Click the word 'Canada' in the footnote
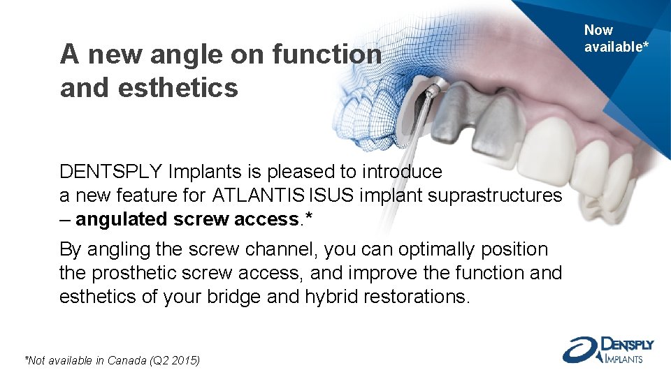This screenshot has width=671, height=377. pyautogui.click(x=134, y=360)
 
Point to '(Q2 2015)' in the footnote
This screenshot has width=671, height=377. pyautogui.click(x=178, y=360)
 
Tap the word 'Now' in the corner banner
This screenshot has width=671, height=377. pyautogui.click(x=598, y=30)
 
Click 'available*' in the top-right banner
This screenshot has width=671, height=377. pyautogui.click(x=612, y=47)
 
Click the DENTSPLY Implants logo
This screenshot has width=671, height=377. pyautogui.click(x=607, y=349)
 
